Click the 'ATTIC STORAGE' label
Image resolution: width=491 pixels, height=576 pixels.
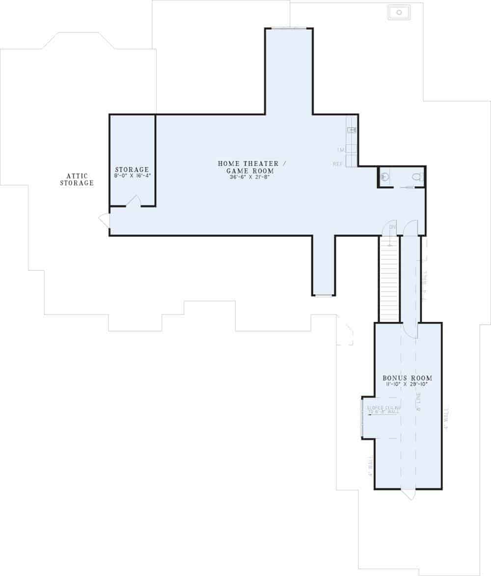77,179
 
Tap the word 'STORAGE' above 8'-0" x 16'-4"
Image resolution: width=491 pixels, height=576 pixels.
132,169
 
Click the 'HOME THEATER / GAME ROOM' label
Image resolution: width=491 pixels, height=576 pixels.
248,167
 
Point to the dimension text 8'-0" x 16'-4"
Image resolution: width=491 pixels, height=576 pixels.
132,175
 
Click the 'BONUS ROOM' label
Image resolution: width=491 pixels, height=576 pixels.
408,378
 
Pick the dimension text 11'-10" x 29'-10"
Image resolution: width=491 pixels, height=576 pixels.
408,384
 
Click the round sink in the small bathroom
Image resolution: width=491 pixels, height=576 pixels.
385,177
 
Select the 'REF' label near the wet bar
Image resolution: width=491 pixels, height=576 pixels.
338,164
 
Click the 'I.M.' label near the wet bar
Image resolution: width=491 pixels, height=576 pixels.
340,149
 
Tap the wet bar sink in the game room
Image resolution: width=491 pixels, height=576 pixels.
352,130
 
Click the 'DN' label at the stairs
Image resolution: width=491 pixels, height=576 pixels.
392,227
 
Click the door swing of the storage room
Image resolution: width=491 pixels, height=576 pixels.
134,201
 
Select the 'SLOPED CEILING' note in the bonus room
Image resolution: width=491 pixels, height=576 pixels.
384,409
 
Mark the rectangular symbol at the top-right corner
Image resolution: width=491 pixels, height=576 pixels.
399,12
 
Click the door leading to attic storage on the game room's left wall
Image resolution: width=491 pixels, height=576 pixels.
105,220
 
